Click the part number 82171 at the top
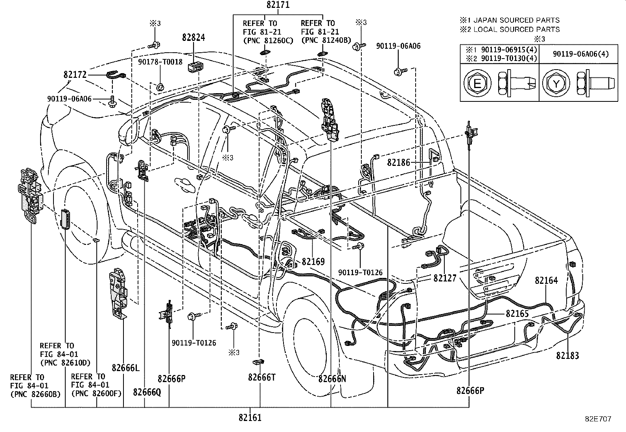278,5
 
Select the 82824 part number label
193,37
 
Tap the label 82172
75,75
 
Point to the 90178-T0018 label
160,62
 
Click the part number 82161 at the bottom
250,417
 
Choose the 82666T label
262,377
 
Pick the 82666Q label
147,392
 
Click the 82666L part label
125,368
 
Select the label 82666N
332,379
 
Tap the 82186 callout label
398,162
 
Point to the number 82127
445,278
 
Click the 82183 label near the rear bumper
567,356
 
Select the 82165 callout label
517,314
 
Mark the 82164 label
546,280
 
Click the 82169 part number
313,261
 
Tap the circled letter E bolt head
477,83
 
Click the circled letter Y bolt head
556,83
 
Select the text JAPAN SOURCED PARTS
516,20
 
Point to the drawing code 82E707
598,419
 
